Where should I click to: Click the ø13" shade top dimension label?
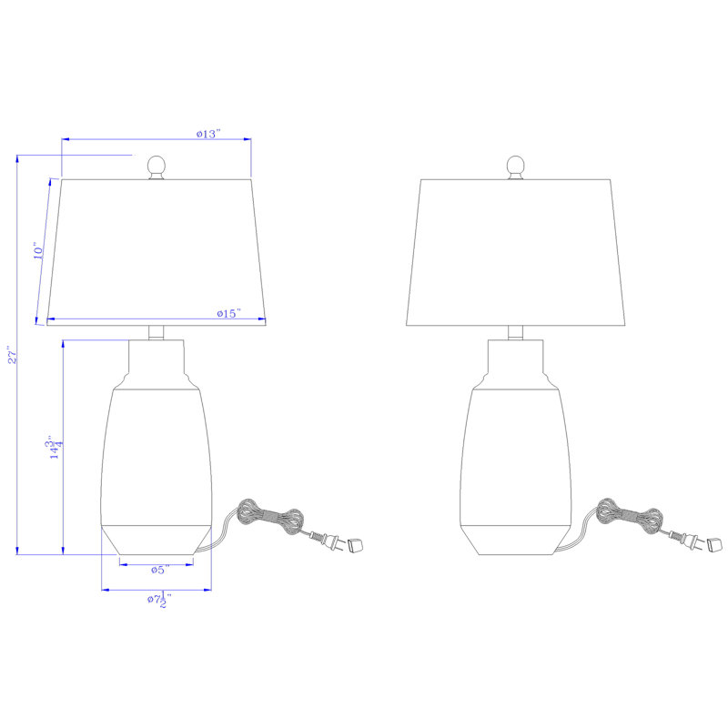coord(208,134)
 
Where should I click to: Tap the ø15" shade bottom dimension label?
coord(229,313)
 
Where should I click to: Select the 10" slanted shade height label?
coord(38,250)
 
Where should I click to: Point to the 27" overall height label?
coord(13,354)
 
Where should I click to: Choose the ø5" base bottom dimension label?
coord(160,570)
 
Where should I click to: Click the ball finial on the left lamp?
coord(157,167)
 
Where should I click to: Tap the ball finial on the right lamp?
coord(515,167)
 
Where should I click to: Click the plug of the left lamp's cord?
coord(329,541)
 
